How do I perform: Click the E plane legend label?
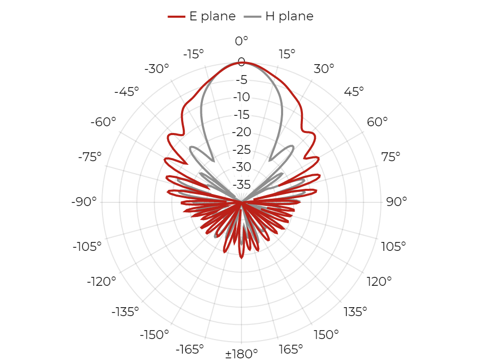pyautogui.click(x=212, y=16)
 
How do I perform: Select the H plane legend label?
pyautogui.click(x=289, y=16)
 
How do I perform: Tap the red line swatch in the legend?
pyautogui.click(x=176, y=17)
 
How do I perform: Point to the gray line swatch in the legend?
pyautogui.click(x=252, y=17)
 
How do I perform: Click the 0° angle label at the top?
pyautogui.click(x=241, y=41)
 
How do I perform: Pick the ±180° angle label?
pyautogui.click(x=241, y=354)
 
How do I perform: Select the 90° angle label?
pyautogui.click(x=397, y=202)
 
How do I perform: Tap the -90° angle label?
pyautogui.click(x=84, y=202)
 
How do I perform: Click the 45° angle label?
pyautogui.click(x=354, y=92)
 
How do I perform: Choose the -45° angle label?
pyautogui.click(x=126, y=92)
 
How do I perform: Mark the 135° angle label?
pyautogui.click(x=355, y=312)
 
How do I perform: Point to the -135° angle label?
pyautogui.click(x=125, y=312)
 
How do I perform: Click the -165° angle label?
pyautogui.click(x=190, y=349)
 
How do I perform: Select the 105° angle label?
pyautogui.click(x=393, y=247)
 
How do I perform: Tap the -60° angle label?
pyautogui.click(x=103, y=122)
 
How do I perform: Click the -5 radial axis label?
pyautogui.click(x=241, y=80)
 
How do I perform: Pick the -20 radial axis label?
pyautogui.click(x=241, y=132)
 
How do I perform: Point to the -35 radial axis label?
pyautogui.click(x=241, y=185)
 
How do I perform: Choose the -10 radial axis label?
pyautogui.click(x=241, y=97)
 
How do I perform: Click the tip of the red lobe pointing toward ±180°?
pyautogui.click(x=241, y=258)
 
